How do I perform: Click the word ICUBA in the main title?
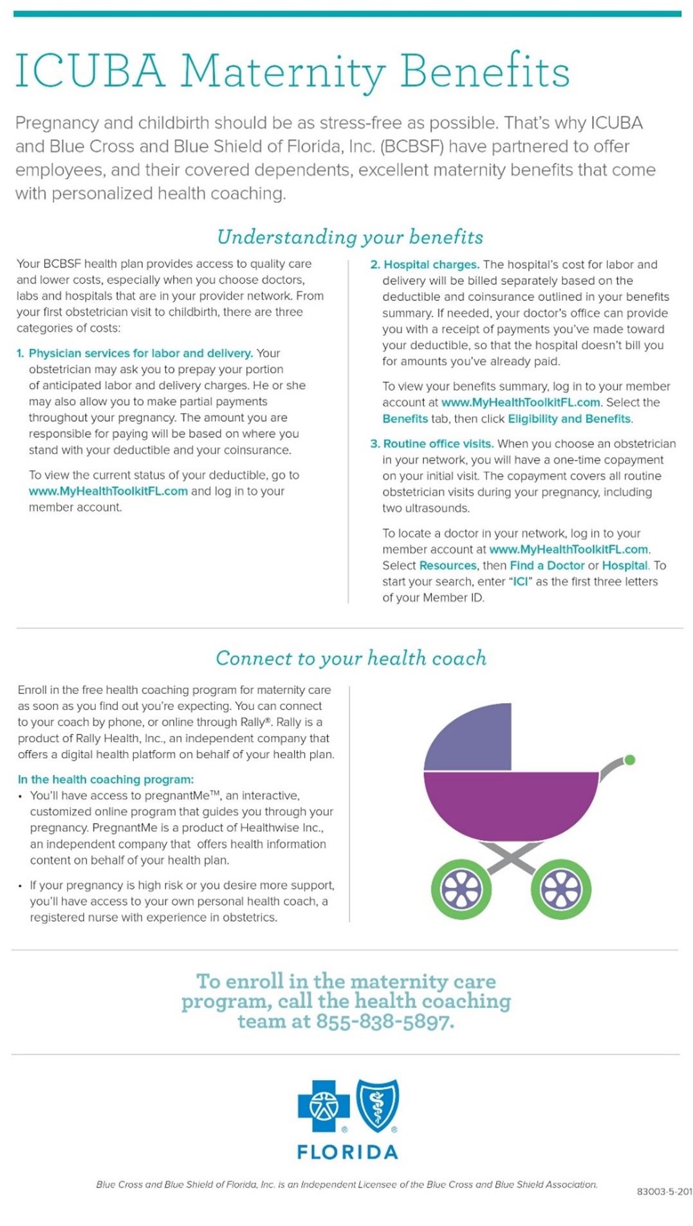(x=89, y=71)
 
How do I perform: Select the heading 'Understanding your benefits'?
(x=349, y=237)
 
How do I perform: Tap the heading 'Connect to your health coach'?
(x=351, y=658)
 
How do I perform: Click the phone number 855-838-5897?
(x=384, y=1021)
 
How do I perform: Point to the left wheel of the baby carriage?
(x=461, y=890)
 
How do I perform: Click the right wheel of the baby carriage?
(x=560, y=890)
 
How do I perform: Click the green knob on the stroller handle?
(x=630, y=760)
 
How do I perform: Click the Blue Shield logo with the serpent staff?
(x=378, y=1105)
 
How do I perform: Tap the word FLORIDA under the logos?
(x=347, y=1151)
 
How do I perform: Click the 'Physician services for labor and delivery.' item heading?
(x=140, y=353)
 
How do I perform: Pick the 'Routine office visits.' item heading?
(x=438, y=444)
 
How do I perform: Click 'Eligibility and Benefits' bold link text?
(x=569, y=419)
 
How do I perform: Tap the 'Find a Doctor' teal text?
(x=547, y=565)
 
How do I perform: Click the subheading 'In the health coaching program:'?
(x=106, y=779)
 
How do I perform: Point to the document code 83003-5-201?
(x=664, y=1191)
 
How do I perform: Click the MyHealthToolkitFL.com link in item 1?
(x=108, y=491)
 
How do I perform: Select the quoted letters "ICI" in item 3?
(x=520, y=581)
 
